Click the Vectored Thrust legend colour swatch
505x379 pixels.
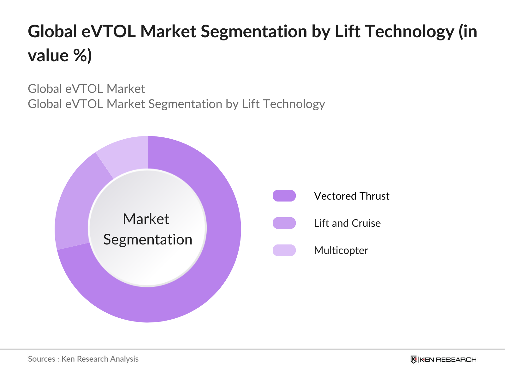(284, 196)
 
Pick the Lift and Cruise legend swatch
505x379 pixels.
(284, 223)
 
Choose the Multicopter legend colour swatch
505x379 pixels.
(284, 250)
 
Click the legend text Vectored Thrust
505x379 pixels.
(352, 196)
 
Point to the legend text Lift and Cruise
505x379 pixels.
(347, 223)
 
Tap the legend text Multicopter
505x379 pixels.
(341, 250)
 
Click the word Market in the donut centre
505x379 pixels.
(146, 219)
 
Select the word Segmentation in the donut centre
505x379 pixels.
(148, 239)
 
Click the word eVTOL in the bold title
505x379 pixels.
(109, 32)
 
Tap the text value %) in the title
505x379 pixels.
(60, 56)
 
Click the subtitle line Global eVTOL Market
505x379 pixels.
(86, 89)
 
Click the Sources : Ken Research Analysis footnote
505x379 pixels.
(83, 359)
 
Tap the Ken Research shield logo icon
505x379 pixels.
(413, 359)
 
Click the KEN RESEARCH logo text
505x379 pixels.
(448, 359)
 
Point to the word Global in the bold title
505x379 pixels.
(52, 32)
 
